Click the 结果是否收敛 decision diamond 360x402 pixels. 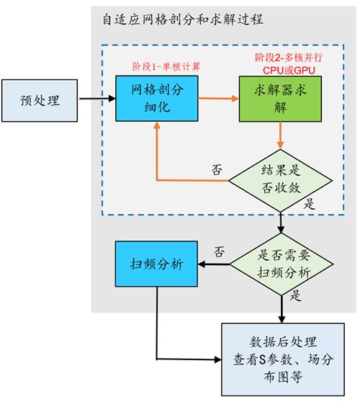coord(280,179)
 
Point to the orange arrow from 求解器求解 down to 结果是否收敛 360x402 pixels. coord(280,135)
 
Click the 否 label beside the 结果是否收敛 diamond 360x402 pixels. coord(216,170)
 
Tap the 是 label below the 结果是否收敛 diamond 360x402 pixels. coord(310,205)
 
